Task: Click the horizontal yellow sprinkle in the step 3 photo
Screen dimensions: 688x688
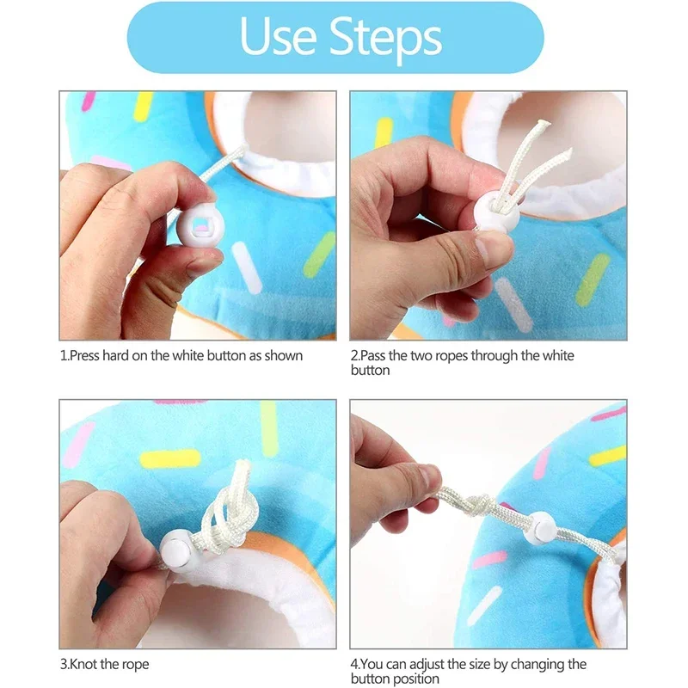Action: point(169,459)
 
